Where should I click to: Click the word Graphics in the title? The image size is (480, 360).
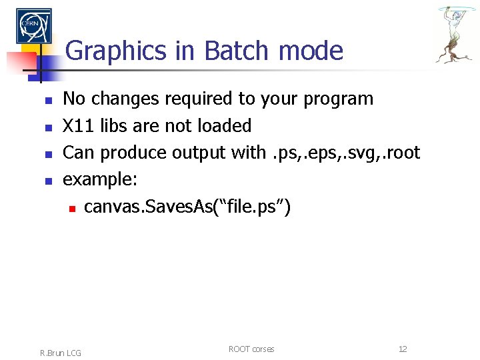click(116, 51)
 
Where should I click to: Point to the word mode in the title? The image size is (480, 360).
click(311, 51)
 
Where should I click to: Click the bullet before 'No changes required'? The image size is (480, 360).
click(47, 100)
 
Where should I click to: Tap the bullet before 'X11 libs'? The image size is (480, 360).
click(47, 127)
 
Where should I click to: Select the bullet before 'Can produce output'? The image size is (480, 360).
click(47, 154)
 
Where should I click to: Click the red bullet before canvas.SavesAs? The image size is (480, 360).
click(71, 209)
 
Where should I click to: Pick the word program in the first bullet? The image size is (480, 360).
click(338, 99)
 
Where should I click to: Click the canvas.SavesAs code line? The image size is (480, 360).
click(187, 207)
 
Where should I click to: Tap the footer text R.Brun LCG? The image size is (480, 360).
click(61, 353)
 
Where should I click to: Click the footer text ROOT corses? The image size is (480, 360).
click(251, 349)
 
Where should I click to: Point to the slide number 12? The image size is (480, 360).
click(403, 349)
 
